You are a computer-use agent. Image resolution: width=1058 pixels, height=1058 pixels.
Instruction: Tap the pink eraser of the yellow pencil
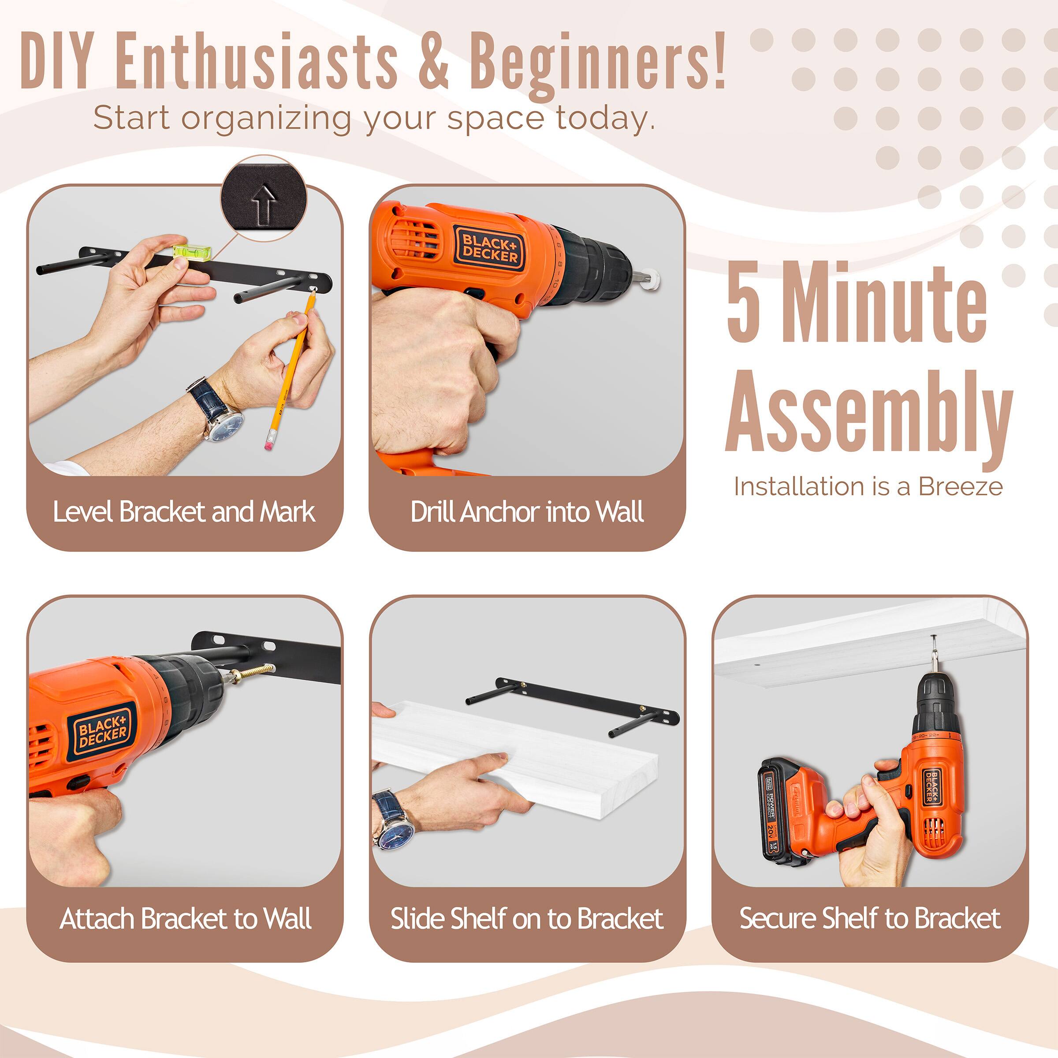click(268, 444)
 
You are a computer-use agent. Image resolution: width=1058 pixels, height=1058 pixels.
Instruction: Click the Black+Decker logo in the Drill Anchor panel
click(489, 249)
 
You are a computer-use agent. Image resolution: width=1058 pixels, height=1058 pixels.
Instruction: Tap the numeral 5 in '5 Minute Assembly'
click(744, 302)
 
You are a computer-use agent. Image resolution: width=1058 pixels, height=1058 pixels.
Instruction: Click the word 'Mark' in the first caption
click(287, 512)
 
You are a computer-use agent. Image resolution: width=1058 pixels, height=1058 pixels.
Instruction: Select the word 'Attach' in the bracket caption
click(97, 919)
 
